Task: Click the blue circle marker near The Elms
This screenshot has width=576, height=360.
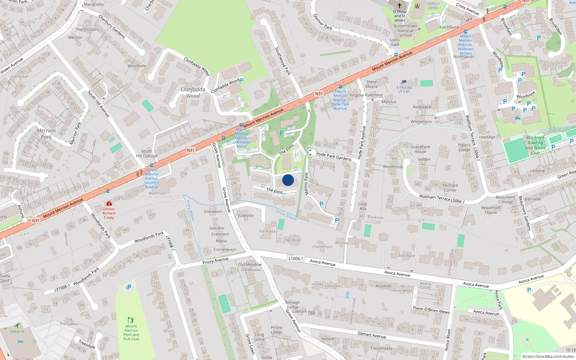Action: tap(288, 180)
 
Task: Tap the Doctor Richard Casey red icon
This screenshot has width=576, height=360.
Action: tap(109, 204)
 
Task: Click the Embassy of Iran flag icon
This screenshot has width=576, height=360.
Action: tap(404, 82)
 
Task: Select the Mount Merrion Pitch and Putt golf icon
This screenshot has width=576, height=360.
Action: tap(131, 320)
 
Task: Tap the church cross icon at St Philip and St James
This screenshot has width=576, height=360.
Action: tap(399, 6)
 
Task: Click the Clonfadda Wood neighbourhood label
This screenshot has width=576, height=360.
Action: tap(193, 93)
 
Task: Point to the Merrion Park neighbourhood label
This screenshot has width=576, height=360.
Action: tap(46, 134)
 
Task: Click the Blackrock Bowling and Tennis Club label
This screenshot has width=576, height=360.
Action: tap(535, 145)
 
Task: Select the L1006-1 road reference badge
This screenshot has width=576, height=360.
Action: tap(296, 258)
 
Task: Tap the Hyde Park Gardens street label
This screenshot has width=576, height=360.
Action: tap(334, 156)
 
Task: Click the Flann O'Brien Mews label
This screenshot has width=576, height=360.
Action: tap(431, 310)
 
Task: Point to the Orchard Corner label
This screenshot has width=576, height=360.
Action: tap(450, 188)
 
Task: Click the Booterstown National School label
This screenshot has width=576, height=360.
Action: tap(405, 31)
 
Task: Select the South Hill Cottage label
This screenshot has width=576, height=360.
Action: tap(147, 153)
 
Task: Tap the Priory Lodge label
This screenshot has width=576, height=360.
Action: tap(276, 330)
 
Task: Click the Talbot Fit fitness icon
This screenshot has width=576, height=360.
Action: tap(17, 325)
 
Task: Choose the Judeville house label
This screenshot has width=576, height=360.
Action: tap(246, 216)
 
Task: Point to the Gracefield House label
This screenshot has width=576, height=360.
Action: tap(420, 149)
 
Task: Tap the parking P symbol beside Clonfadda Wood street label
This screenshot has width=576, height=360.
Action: tap(241, 81)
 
